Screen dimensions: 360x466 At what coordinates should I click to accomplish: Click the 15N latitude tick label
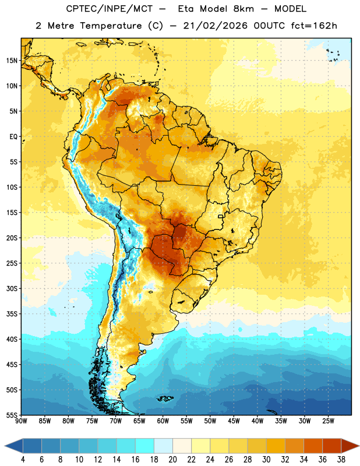(12, 61)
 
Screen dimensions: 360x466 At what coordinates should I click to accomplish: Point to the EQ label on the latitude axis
(13, 137)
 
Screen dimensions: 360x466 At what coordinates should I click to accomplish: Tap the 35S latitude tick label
(12, 314)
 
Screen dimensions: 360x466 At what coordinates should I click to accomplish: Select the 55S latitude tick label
(12, 415)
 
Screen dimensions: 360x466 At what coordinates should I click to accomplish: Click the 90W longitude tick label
(22, 421)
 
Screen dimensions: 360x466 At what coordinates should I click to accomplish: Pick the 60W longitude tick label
(163, 421)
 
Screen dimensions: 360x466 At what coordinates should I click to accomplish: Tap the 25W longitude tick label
(328, 421)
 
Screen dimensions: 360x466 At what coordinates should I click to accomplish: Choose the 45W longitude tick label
(234, 421)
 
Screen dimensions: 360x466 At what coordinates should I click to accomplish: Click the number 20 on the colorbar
(172, 460)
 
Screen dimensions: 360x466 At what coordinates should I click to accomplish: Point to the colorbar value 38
(341, 460)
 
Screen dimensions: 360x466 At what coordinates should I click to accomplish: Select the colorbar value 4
(23, 460)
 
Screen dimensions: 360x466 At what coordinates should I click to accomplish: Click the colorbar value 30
(266, 460)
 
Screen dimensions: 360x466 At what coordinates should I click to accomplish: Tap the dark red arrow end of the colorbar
(350, 446)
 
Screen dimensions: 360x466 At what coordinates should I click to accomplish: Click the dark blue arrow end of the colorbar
(13, 446)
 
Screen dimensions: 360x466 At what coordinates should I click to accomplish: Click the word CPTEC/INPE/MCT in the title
(110, 9)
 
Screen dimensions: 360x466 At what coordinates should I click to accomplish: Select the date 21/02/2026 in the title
(215, 26)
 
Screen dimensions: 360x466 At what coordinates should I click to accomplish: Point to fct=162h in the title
(314, 26)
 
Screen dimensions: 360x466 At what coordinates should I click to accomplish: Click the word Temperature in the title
(111, 26)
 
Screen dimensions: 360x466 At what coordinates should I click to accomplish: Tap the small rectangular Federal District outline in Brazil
(221, 216)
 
